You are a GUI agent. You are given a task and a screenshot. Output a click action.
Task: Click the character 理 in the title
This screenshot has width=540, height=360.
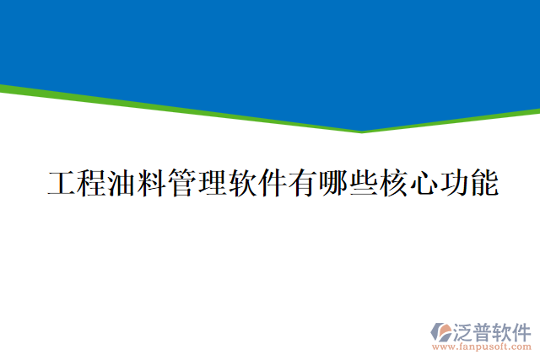tap(212, 183)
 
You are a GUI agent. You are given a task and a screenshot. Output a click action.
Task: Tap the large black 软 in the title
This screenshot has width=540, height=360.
tap(242, 183)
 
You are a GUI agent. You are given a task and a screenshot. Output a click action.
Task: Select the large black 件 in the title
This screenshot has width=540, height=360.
tap(273, 183)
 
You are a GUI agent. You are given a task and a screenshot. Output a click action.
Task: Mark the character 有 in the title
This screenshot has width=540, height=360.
tap(303, 183)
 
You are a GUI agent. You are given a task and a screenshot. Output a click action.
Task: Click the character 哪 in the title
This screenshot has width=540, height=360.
tap(332, 183)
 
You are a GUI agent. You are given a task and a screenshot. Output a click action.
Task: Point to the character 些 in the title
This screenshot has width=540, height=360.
tap(363, 183)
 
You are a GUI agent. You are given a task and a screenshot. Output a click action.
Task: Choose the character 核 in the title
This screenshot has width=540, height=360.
tap(393, 183)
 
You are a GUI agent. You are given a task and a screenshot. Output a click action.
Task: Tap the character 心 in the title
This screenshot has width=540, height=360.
tap(424, 183)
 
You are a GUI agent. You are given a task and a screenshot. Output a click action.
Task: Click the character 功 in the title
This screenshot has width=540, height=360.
tap(453, 183)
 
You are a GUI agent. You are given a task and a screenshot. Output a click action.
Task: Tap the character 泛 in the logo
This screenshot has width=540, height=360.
tap(465, 330)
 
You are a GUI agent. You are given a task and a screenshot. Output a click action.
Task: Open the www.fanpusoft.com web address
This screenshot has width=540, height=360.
tap(482, 346)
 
